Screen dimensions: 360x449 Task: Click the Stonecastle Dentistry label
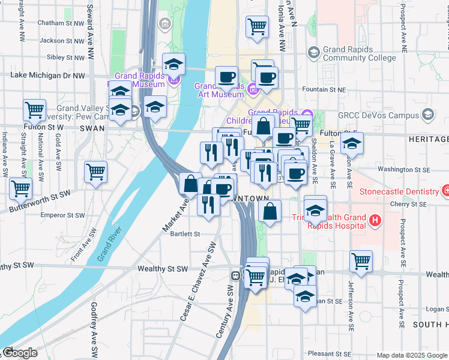click(x=399, y=192)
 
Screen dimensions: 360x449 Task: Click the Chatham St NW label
click(x=61, y=23)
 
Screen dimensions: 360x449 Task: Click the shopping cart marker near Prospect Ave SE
click(x=361, y=261)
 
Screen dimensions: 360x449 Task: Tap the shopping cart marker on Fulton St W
click(x=35, y=110)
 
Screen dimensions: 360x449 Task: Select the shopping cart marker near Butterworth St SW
click(x=21, y=188)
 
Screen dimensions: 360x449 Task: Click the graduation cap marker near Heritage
click(x=352, y=143)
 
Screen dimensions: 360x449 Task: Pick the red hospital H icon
click(x=375, y=221)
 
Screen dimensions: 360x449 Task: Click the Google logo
click(x=19, y=353)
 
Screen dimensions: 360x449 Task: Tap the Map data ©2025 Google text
click(x=412, y=355)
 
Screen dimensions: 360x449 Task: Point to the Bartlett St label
click(x=184, y=234)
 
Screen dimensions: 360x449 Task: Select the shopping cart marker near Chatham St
click(x=257, y=26)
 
